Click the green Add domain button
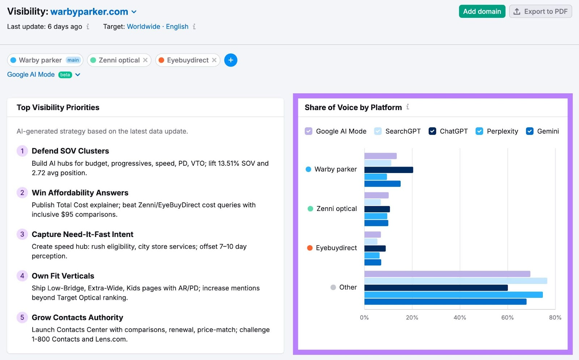pos(482,12)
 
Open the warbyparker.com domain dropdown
pos(134,12)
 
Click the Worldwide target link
pos(143,26)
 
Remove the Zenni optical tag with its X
pos(145,60)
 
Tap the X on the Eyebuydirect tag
pos(214,60)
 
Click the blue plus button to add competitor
pos(231,60)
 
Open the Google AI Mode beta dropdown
pos(77,75)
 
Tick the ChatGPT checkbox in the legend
pos(432,131)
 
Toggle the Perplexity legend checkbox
pos(479,131)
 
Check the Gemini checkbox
pos(529,131)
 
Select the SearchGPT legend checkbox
pos(378,131)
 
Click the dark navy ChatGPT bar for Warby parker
pos(388,170)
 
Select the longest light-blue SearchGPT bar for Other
pos(455,281)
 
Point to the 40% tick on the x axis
pos(460,317)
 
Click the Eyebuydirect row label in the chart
pos(336,248)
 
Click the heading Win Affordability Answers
pos(80,193)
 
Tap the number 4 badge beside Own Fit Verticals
pos(22,276)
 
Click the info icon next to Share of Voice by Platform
pos(408,107)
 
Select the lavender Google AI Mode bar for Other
pos(447,274)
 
